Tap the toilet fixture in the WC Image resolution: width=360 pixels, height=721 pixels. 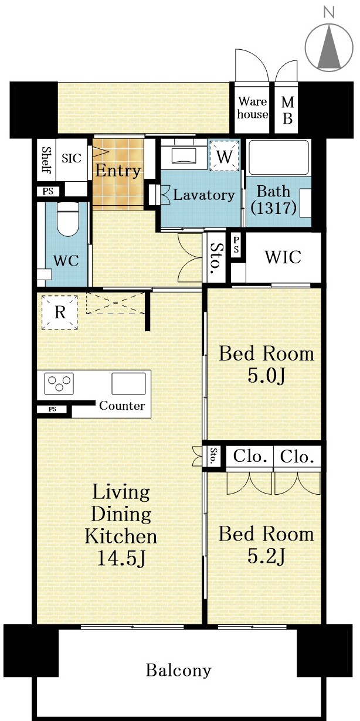coord(67,219)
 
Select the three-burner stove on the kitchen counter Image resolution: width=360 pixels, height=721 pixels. coord(59,383)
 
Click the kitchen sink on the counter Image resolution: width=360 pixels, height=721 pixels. coord(128,383)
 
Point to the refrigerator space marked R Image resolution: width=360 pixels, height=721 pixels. coord(60,312)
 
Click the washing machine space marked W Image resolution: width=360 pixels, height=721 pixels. coord(224,157)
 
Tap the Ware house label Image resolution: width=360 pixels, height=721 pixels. coord(253,108)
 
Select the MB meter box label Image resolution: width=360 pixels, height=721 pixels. coord(287,111)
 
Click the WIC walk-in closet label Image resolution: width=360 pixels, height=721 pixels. coord(283,257)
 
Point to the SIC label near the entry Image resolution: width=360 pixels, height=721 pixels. coord(72,158)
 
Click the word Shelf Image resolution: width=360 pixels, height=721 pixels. coord(47,159)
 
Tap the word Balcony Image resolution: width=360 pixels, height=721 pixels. coord(179,671)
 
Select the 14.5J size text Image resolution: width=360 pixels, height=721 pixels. coord(122,559)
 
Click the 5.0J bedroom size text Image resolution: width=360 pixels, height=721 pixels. coord(266,376)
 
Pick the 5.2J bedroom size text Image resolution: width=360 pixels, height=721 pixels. coord(266,556)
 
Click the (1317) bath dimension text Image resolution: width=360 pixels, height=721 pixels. coord(273,208)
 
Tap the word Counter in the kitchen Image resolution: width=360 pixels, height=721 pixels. coord(122,406)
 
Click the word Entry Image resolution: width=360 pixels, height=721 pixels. coord(118,171)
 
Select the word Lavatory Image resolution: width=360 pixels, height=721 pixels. coord(204,195)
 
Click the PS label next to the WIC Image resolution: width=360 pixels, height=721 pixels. coord(236,245)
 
